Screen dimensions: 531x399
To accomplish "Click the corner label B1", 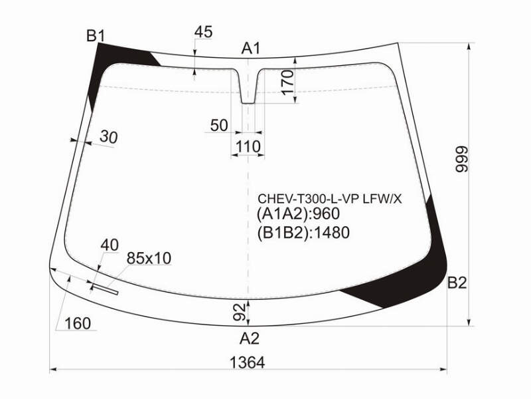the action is [96, 36].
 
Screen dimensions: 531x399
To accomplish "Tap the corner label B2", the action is [457, 283].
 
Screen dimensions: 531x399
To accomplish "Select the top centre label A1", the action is [251, 49].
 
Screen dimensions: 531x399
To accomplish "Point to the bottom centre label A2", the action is [250, 338].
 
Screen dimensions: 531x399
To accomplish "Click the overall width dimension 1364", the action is [247, 362].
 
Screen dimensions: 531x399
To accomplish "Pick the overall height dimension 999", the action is [461, 159].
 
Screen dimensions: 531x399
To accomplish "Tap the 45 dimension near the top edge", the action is [203, 32].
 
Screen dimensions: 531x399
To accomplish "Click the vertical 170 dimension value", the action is [287, 82].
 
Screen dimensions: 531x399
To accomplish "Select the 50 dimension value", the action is [219, 125].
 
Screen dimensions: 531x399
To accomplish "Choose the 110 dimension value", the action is [248, 146].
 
